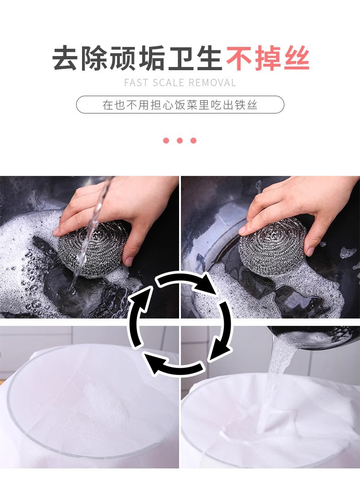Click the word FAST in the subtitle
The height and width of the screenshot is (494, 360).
tap(136, 83)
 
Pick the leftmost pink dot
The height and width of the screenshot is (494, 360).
tap(166, 140)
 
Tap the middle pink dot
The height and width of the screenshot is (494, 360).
tap(180, 140)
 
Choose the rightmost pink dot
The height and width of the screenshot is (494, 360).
tap(193, 140)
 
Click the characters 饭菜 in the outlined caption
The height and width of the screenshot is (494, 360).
tap(189, 105)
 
